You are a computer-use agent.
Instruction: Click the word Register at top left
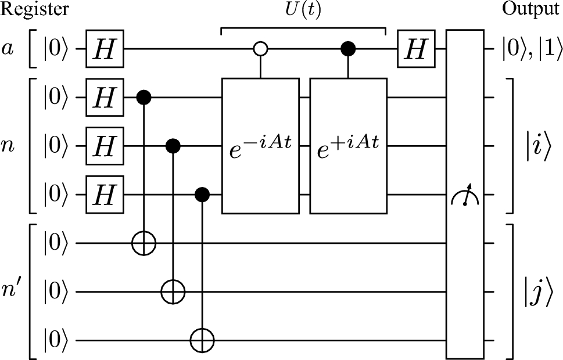35,9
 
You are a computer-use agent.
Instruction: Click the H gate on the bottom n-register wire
105,195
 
